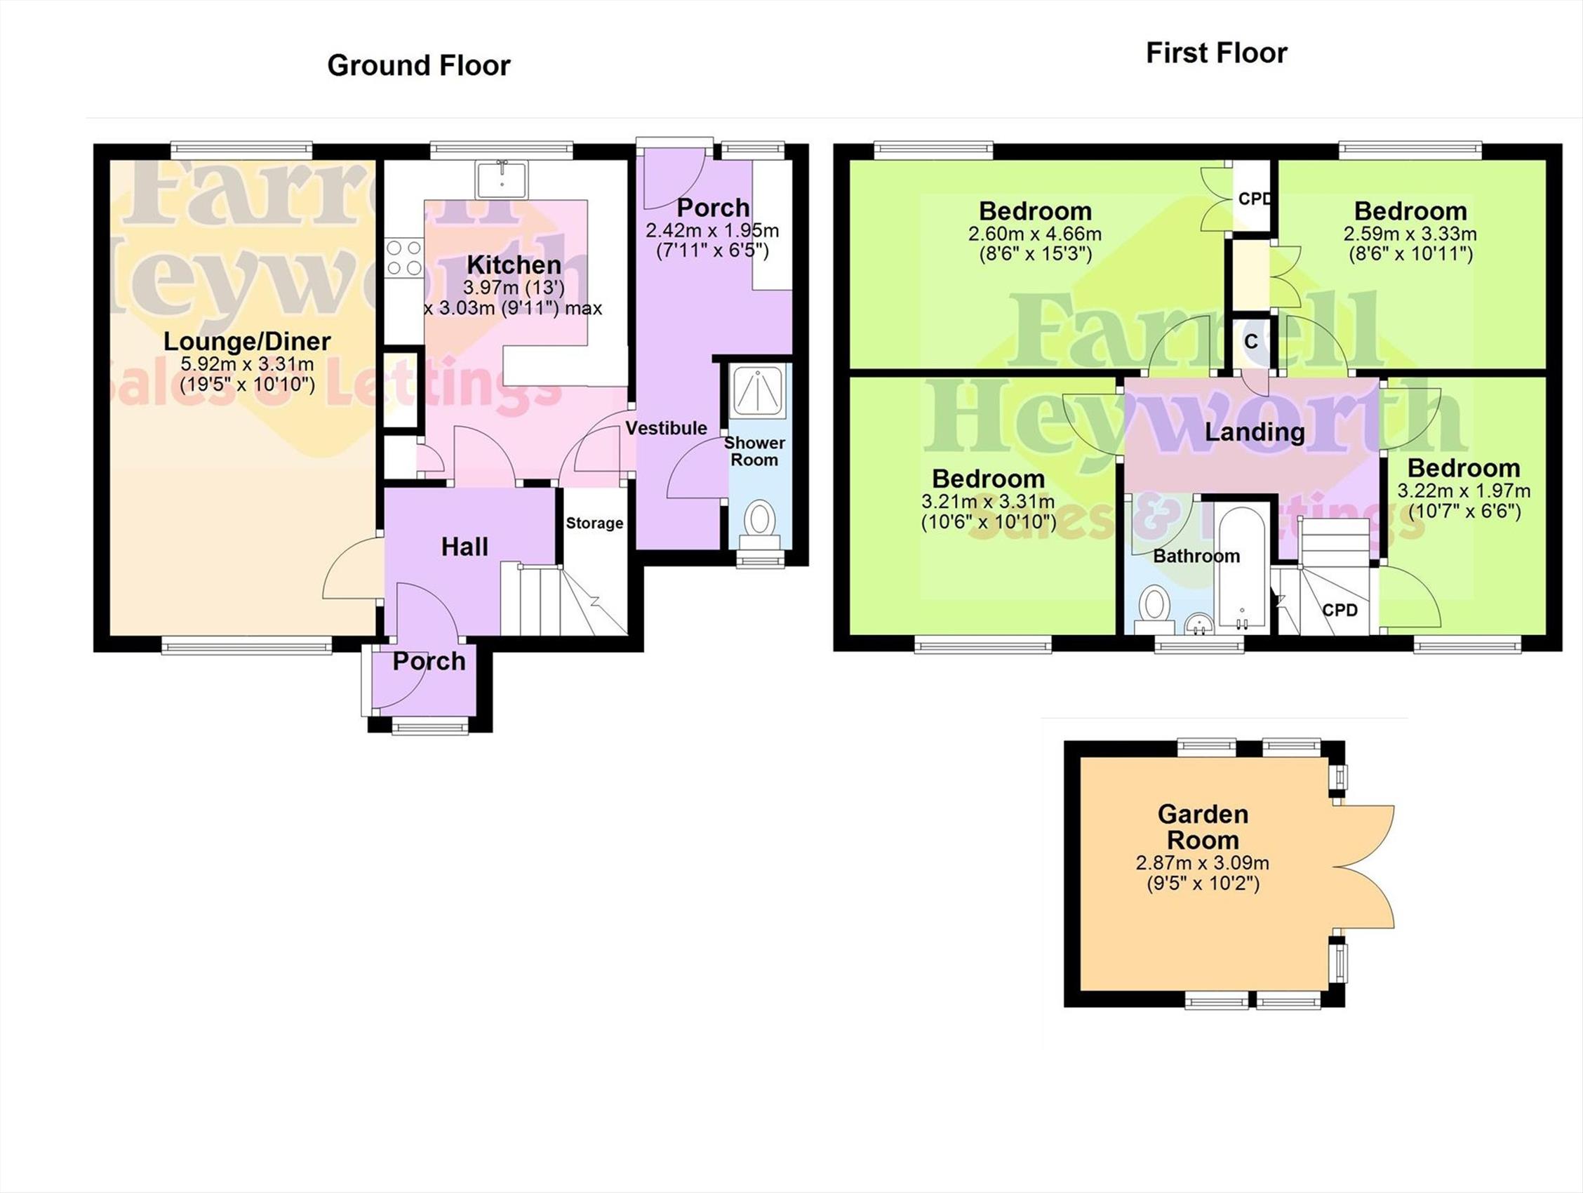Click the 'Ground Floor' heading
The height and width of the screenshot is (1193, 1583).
[419, 66]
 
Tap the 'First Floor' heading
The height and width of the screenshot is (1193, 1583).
[1217, 53]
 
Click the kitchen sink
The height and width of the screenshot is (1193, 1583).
[502, 180]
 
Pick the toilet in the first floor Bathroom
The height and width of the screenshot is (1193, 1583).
[1154, 609]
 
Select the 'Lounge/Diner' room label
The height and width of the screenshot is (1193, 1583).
[247, 341]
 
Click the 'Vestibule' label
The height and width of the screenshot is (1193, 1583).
[667, 428]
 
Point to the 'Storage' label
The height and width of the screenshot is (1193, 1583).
[594, 523]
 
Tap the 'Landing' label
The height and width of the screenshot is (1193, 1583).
[1255, 432]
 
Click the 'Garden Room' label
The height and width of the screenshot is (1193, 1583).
[1203, 827]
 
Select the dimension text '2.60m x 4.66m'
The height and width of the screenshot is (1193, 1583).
[1035, 234]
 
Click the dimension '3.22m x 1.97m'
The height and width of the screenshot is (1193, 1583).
[1464, 491]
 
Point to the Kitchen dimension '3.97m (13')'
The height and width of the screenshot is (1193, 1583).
[514, 288]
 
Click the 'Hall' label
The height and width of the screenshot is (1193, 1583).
[465, 547]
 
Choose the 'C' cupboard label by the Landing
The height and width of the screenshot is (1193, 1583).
[1251, 342]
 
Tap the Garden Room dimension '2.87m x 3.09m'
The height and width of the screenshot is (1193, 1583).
[1202, 863]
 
